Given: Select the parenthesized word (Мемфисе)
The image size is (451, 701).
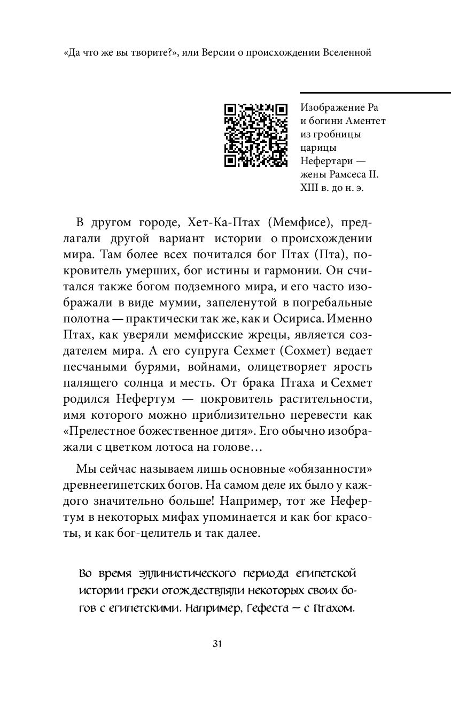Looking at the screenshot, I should point(289,222).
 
